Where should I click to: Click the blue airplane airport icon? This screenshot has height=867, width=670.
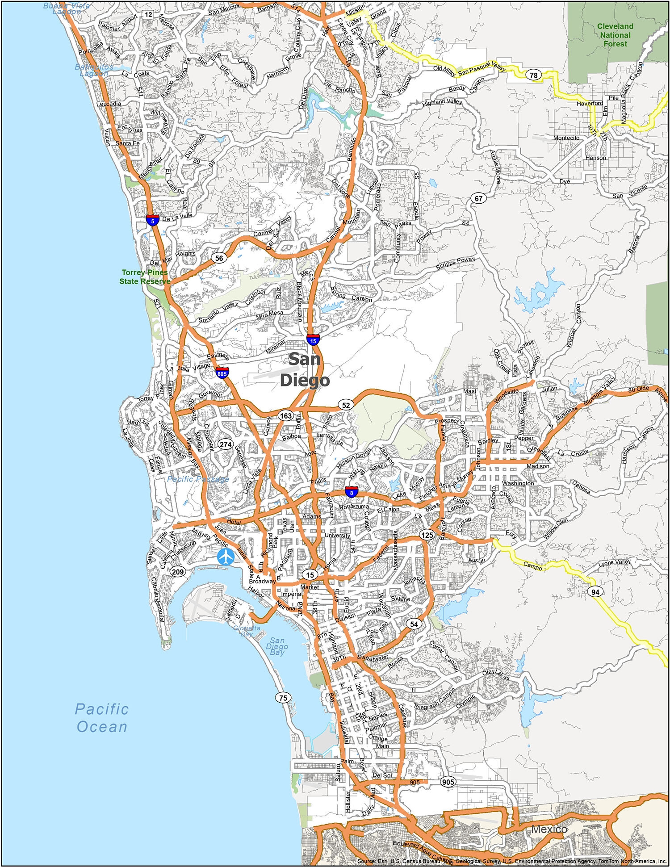pyautogui.click(x=226, y=557)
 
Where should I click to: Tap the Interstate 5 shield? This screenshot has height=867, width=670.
pyautogui.click(x=153, y=220)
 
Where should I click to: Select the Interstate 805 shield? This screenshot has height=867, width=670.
pyautogui.click(x=222, y=373)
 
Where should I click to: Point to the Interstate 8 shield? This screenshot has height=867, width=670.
pyautogui.click(x=352, y=492)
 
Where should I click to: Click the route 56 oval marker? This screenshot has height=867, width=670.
pyautogui.click(x=219, y=258)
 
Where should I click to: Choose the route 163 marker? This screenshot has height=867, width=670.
pyautogui.click(x=285, y=415)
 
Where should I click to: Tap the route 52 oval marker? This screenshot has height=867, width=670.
pyautogui.click(x=346, y=405)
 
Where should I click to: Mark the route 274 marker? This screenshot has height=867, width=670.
pyautogui.click(x=226, y=444)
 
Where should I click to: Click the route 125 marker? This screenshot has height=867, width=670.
pyautogui.click(x=427, y=535)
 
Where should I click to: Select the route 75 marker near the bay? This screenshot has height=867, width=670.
pyautogui.click(x=283, y=698)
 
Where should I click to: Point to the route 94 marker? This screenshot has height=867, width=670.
pyautogui.click(x=595, y=592)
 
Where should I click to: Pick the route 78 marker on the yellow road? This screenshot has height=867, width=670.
pyautogui.click(x=533, y=75)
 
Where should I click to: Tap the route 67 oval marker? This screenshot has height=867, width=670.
pyautogui.click(x=478, y=198)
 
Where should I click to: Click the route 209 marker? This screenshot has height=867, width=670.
pyautogui.click(x=178, y=571)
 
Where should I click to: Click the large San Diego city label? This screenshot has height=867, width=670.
pyautogui.click(x=305, y=369)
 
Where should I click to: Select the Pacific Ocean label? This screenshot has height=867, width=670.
pyautogui.click(x=102, y=718)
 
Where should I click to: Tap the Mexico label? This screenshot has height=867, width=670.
pyautogui.click(x=549, y=829)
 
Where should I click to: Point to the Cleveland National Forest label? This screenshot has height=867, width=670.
pyautogui.click(x=615, y=35)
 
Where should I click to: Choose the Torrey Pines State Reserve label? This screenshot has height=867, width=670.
pyautogui.click(x=145, y=276)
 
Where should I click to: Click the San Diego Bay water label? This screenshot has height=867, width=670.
pyautogui.click(x=277, y=646)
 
